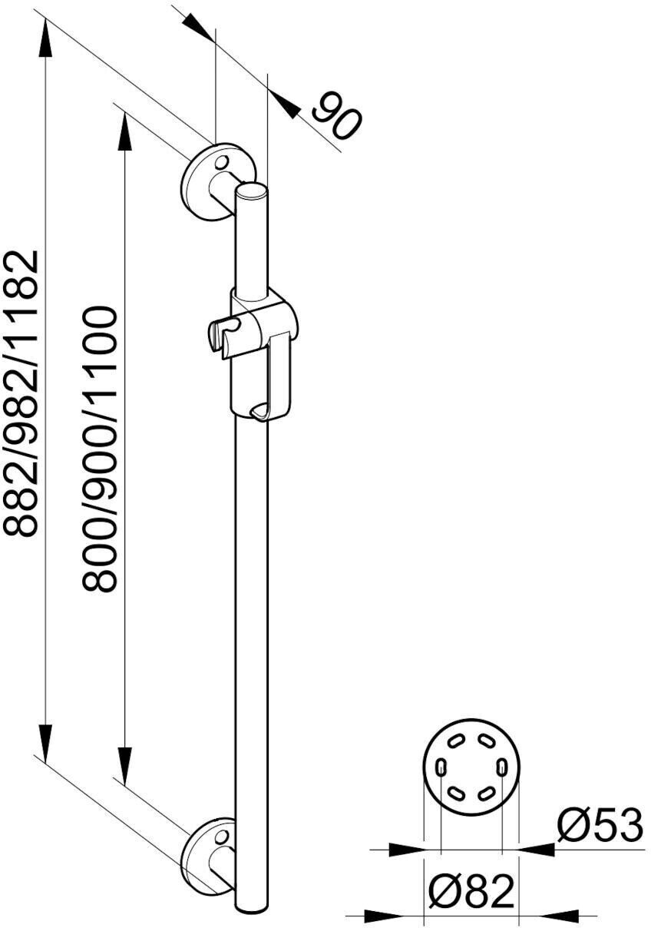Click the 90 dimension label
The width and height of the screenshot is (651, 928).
336,116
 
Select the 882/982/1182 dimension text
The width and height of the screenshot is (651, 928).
21,392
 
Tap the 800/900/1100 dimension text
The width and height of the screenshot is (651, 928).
101,449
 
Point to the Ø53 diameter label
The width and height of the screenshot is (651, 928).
600,826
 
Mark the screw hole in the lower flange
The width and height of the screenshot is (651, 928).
221,836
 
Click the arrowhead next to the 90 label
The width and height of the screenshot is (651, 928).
286,107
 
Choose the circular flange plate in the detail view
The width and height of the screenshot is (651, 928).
471,769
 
